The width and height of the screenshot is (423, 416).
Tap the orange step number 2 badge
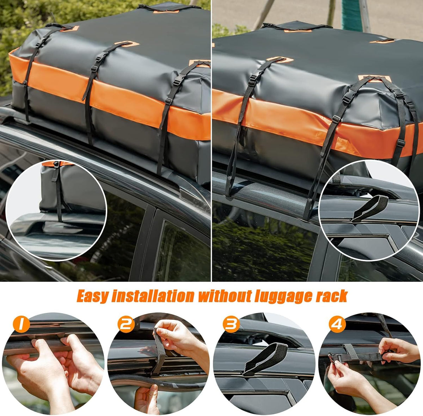(126, 324)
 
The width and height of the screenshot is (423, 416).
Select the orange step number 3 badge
(231, 324)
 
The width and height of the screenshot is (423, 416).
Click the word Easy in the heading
(92, 296)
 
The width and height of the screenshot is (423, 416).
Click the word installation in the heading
(152, 296)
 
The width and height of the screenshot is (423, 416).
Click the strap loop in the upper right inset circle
(370, 208)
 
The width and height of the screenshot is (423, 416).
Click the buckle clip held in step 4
(333, 358)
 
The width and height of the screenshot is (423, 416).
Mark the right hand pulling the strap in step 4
(397, 349)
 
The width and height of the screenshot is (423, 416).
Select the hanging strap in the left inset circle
(58, 194)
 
